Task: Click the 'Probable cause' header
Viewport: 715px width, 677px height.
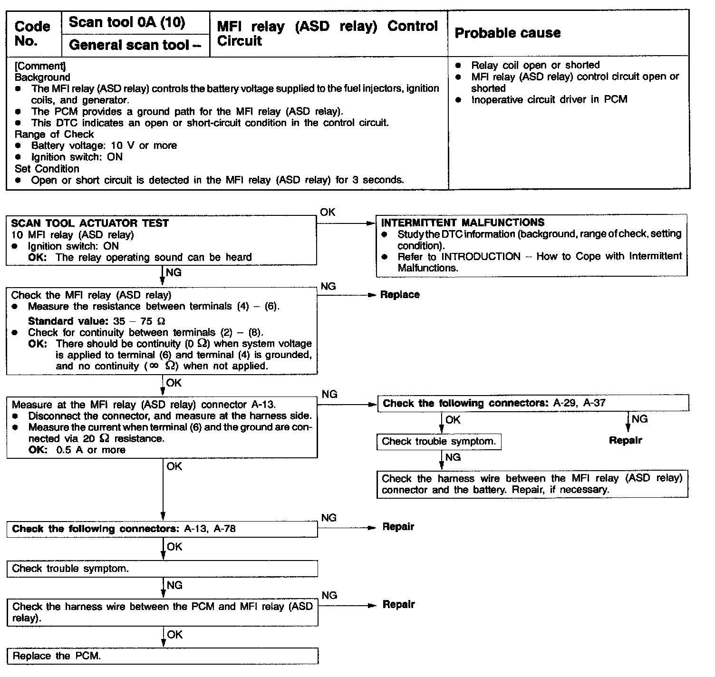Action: coord(507,33)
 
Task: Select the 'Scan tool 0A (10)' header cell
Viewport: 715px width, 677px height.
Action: coord(127,22)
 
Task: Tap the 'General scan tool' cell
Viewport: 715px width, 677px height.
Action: coord(135,45)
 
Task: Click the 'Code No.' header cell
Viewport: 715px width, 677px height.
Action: coord(32,33)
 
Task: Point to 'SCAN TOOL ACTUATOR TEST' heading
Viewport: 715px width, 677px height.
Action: coord(90,223)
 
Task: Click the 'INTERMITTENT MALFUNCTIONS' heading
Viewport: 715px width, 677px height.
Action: coord(463,222)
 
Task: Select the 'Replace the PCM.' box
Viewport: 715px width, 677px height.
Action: coord(162,656)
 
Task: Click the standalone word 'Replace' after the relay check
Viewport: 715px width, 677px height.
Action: coord(400,295)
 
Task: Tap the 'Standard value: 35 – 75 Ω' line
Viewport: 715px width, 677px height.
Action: coord(97,321)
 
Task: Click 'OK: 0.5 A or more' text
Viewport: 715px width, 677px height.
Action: coord(77,450)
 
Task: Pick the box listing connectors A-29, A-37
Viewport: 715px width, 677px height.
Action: coord(532,404)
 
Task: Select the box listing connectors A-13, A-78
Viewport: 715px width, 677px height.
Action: coord(162,529)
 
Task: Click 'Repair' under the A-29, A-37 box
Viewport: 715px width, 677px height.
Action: coord(625,441)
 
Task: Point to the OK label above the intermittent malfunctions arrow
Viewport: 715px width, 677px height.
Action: coord(328,213)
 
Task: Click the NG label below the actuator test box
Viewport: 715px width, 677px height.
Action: coord(174,272)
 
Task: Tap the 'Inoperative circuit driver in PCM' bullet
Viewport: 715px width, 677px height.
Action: coord(549,99)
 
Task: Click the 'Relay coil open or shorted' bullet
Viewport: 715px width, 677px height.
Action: coord(535,65)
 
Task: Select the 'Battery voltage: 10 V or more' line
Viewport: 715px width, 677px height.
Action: coord(104,145)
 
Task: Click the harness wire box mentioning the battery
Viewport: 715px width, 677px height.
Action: coord(532,484)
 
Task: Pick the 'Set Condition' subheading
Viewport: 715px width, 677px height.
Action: coord(47,169)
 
